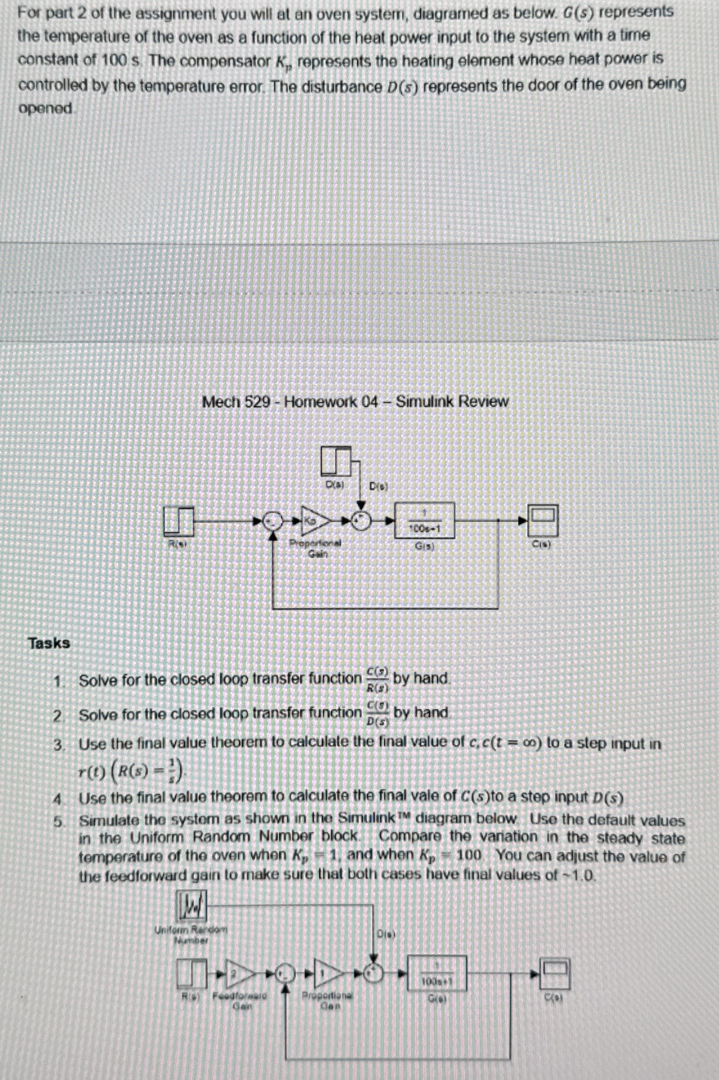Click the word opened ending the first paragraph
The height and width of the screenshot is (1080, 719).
pyautogui.click(x=46, y=109)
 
